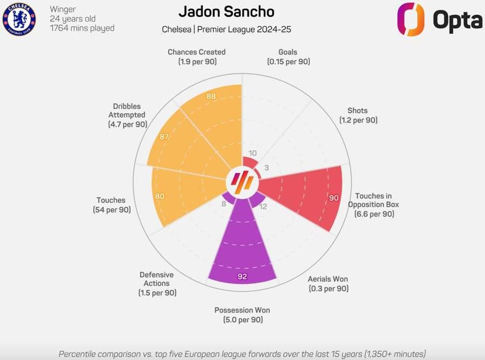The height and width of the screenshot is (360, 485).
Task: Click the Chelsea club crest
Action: click(19, 19)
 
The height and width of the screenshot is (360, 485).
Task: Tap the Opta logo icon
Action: click(411, 19)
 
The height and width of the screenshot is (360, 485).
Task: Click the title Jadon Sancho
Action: click(226, 12)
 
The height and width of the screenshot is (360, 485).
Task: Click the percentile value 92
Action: click(242, 276)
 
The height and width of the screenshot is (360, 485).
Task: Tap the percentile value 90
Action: click(334, 198)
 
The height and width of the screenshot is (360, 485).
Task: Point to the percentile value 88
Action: click(211, 96)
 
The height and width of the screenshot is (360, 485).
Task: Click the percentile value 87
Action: click(164, 136)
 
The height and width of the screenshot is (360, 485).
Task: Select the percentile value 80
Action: click(159, 196)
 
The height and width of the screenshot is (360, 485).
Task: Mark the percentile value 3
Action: click(266, 168)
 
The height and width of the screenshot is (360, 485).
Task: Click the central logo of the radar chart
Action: click(242, 181)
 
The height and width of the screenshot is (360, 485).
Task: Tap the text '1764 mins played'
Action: click(82, 28)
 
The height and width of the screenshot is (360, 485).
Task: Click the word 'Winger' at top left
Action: click(62, 9)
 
